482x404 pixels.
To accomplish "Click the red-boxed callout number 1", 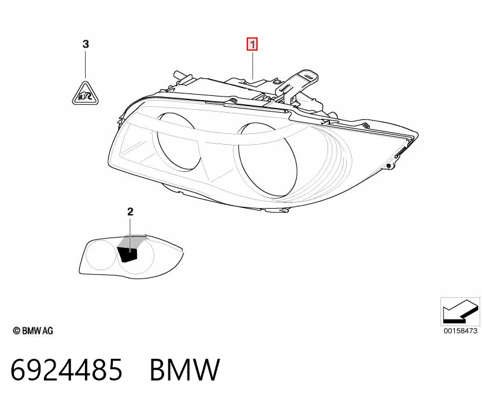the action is pyautogui.click(x=252, y=45).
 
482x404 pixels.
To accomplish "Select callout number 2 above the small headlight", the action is pyautogui.click(x=130, y=212).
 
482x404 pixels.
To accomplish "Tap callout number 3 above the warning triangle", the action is pyautogui.click(x=86, y=44).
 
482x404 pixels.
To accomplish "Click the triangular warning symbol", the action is pyautogui.click(x=85, y=93).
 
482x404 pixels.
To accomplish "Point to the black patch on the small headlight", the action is pyautogui.click(x=127, y=254).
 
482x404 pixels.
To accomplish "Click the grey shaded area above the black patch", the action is pyautogui.click(x=132, y=241).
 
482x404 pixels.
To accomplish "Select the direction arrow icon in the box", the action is pyautogui.click(x=460, y=311).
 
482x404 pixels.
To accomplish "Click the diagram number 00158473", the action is pyautogui.click(x=460, y=331).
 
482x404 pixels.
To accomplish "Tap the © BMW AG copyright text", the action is pyautogui.click(x=33, y=330).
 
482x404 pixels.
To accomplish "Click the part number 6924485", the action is pyautogui.click(x=66, y=370).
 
